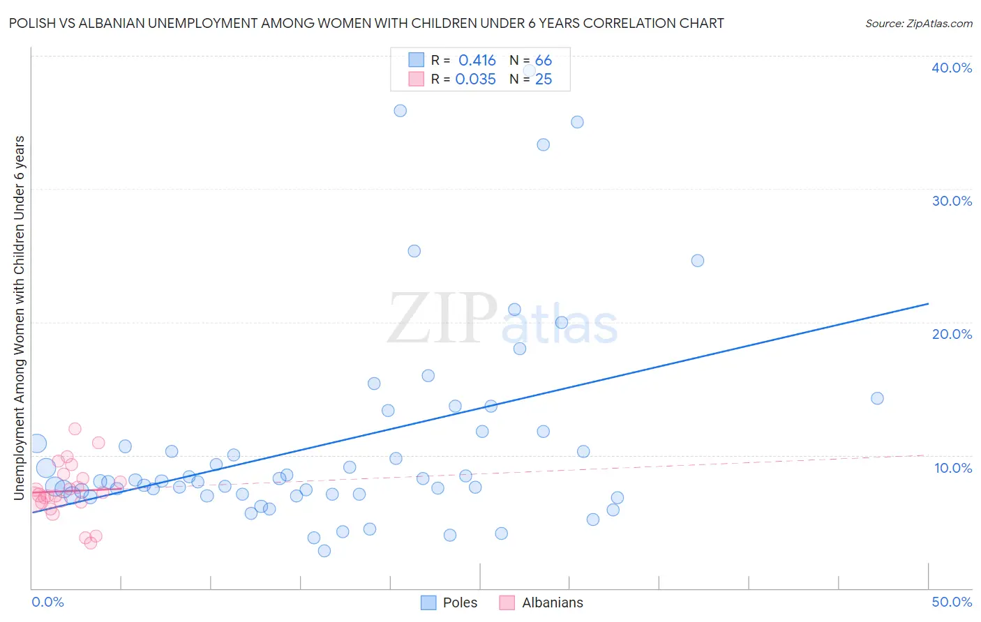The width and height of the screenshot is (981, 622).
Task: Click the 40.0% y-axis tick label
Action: (x=951, y=68)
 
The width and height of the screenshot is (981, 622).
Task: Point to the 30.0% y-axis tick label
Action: (x=951, y=201)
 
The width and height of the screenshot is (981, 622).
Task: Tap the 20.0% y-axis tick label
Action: (x=951, y=334)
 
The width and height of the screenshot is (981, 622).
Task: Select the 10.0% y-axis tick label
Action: (x=952, y=468)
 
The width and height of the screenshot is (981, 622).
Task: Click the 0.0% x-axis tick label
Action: (x=47, y=602)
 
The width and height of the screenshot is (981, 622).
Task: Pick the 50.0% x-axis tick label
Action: (x=952, y=602)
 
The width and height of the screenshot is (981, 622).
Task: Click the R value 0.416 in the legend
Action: (x=477, y=61)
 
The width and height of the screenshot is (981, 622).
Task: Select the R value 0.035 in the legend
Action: (x=475, y=79)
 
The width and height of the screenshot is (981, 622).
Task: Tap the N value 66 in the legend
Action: (x=544, y=61)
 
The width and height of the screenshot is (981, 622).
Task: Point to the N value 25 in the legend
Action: (x=544, y=79)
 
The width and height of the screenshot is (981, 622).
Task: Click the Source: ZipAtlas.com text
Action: (x=918, y=24)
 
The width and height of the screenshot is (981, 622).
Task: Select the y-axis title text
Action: (x=20, y=317)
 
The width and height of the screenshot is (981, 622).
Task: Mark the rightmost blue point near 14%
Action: (x=877, y=398)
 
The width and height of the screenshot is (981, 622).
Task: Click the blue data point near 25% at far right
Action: (x=697, y=261)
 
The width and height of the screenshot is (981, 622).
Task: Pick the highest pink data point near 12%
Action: (x=75, y=429)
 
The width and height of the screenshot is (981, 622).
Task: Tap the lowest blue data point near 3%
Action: (x=324, y=551)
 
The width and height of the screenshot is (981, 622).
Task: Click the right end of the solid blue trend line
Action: (x=928, y=304)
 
